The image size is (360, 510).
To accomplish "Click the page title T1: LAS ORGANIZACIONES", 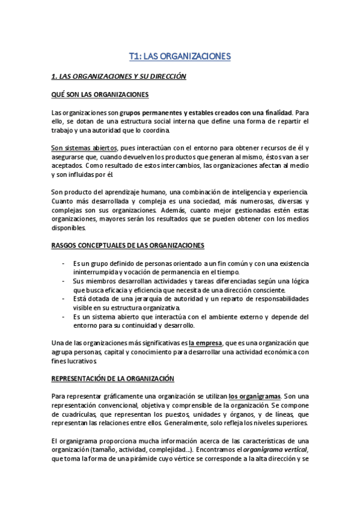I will (180, 57).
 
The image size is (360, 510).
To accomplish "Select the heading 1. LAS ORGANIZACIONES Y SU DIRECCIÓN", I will (118, 76).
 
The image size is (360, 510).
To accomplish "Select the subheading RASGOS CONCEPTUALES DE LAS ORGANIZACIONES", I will (127, 245).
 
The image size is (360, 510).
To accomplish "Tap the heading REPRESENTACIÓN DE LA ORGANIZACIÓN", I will (112, 379).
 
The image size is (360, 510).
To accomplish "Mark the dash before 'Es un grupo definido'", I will (64, 264).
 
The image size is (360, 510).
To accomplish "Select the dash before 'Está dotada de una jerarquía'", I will (64, 299).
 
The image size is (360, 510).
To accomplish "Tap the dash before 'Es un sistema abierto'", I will (64, 317).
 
